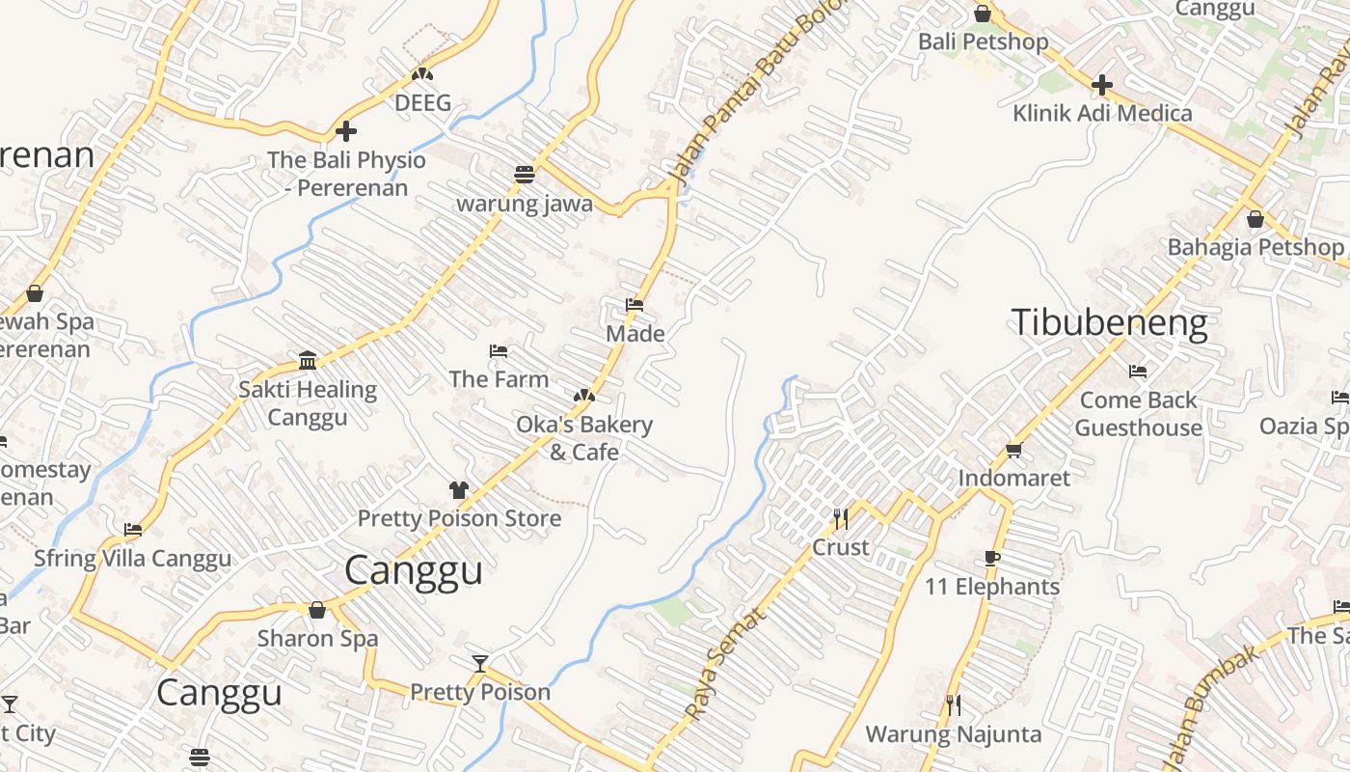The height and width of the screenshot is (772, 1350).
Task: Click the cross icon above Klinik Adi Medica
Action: (x=1101, y=85)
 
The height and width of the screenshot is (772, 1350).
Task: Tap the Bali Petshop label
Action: (x=983, y=41)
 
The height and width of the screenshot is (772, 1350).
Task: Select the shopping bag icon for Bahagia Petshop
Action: (x=1255, y=219)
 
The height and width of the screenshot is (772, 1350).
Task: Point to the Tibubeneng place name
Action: (x=1109, y=322)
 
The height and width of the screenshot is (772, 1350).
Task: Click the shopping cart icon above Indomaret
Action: (x=1013, y=450)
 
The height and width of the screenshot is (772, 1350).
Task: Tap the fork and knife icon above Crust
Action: (x=841, y=519)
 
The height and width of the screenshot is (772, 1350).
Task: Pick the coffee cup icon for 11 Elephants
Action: (x=992, y=558)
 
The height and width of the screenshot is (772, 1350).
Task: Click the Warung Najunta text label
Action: (x=953, y=734)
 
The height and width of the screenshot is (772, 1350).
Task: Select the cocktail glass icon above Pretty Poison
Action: (x=480, y=663)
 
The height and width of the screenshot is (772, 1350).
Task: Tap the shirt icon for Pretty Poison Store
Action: (x=458, y=490)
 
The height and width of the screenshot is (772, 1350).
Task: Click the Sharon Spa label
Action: (x=317, y=638)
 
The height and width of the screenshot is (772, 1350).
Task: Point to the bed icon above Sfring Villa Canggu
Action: (x=133, y=530)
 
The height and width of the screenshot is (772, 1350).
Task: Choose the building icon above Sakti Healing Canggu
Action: (x=308, y=361)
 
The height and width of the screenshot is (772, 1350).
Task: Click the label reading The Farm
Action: (x=499, y=379)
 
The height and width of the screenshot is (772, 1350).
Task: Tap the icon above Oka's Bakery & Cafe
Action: (x=583, y=396)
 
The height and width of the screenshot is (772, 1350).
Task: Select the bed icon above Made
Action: (x=634, y=305)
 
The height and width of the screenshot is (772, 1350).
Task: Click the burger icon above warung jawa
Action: (x=525, y=175)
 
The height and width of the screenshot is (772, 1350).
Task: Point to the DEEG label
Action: (x=422, y=102)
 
